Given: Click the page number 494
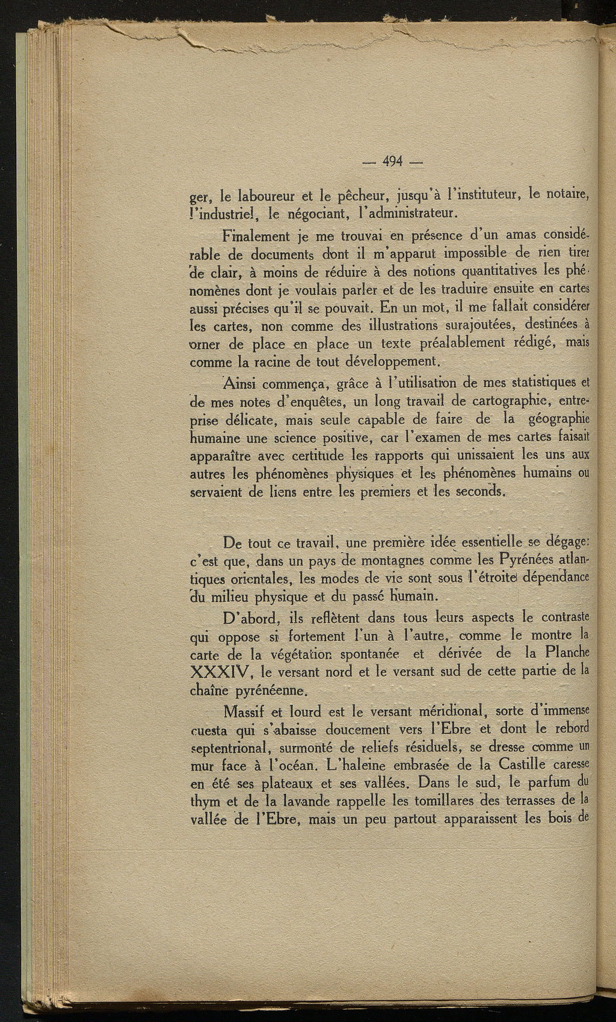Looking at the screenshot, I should coord(393,161).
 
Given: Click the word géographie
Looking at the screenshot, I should coord(556,418).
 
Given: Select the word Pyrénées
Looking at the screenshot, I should coord(527,560).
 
